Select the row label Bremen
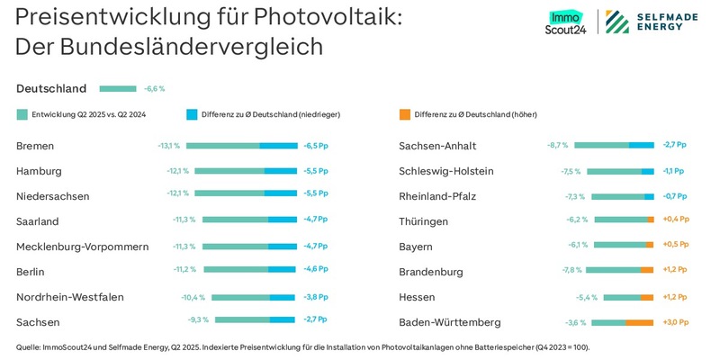pyautogui.click(x=36, y=146)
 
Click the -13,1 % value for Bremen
pyautogui.click(x=169, y=146)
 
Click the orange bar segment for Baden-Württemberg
pyautogui.click(x=639, y=322)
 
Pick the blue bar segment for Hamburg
pyautogui.click(x=280, y=171)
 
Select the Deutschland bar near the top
pyautogui.click(x=117, y=89)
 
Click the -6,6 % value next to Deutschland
pyautogui.click(x=154, y=89)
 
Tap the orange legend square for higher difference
pyautogui.click(x=404, y=114)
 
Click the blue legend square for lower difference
pyautogui.click(x=192, y=114)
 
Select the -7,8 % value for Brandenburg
pyautogui.click(x=570, y=272)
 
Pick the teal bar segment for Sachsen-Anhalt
pyautogui.click(x=601, y=146)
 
